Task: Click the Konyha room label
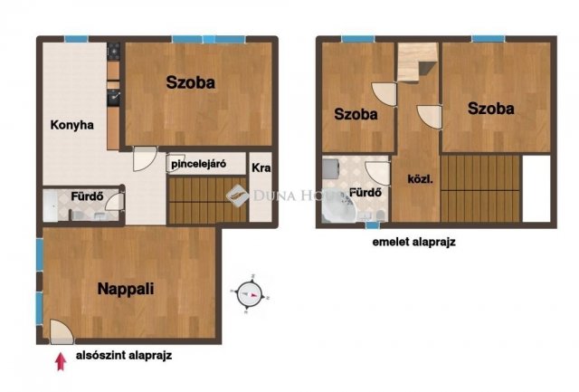coord(72,125)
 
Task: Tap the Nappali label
coord(126,289)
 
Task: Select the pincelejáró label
coord(199,164)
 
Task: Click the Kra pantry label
coord(261,168)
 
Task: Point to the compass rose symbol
coord(248,295)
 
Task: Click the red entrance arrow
coord(61,362)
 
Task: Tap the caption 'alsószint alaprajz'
coord(124,356)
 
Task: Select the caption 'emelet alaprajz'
coord(413,242)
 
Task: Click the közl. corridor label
coord(420,179)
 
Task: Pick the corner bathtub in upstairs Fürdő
coord(337,209)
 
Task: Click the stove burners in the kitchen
coord(114,51)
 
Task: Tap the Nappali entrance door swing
coord(61,331)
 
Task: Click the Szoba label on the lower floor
coord(190,82)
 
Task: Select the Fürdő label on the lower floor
coord(87,196)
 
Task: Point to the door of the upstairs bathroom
coord(378,173)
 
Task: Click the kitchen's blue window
coord(76,39)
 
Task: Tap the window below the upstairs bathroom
coord(373,225)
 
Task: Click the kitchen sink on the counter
coord(113,98)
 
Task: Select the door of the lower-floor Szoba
coord(145,158)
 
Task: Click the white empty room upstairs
coord(536,189)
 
